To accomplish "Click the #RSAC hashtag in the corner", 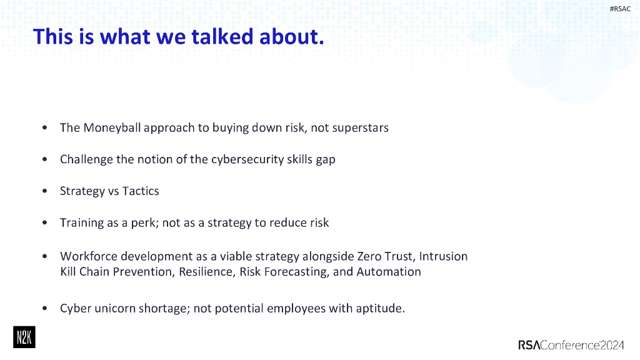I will [x=619, y=8].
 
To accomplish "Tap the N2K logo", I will [x=24, y=337].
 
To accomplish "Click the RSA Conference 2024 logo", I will [x=571, y=345].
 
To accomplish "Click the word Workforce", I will [x=88, y=256].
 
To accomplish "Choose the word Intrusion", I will [x=443, y=256].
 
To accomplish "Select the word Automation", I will [x=389, y=272].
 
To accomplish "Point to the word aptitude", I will [x=380, y=309].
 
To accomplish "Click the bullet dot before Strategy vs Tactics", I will [x=44, y=191].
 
